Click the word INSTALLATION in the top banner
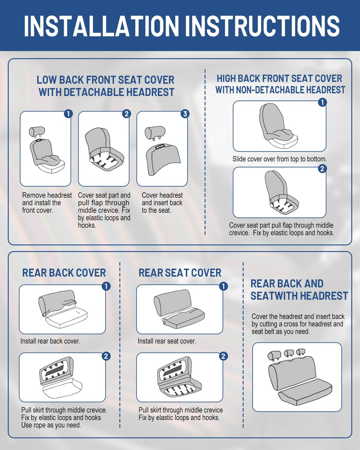point(102,26)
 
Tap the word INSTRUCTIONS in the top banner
point(262,26)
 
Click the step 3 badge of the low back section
point(185,114)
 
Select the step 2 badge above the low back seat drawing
point(127,114)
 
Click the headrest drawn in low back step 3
point(155,133)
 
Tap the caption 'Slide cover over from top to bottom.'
point(279,159)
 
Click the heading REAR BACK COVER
point(64,273)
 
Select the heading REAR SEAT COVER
point(180,273)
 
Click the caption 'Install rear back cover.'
point(50,341)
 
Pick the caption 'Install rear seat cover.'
point(167,341)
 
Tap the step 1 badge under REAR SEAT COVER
point(223,286)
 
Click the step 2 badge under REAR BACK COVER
point(106,356)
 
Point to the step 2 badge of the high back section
point(322,169)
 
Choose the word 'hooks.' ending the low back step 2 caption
point(87,225)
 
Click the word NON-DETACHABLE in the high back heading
point(271,90)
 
